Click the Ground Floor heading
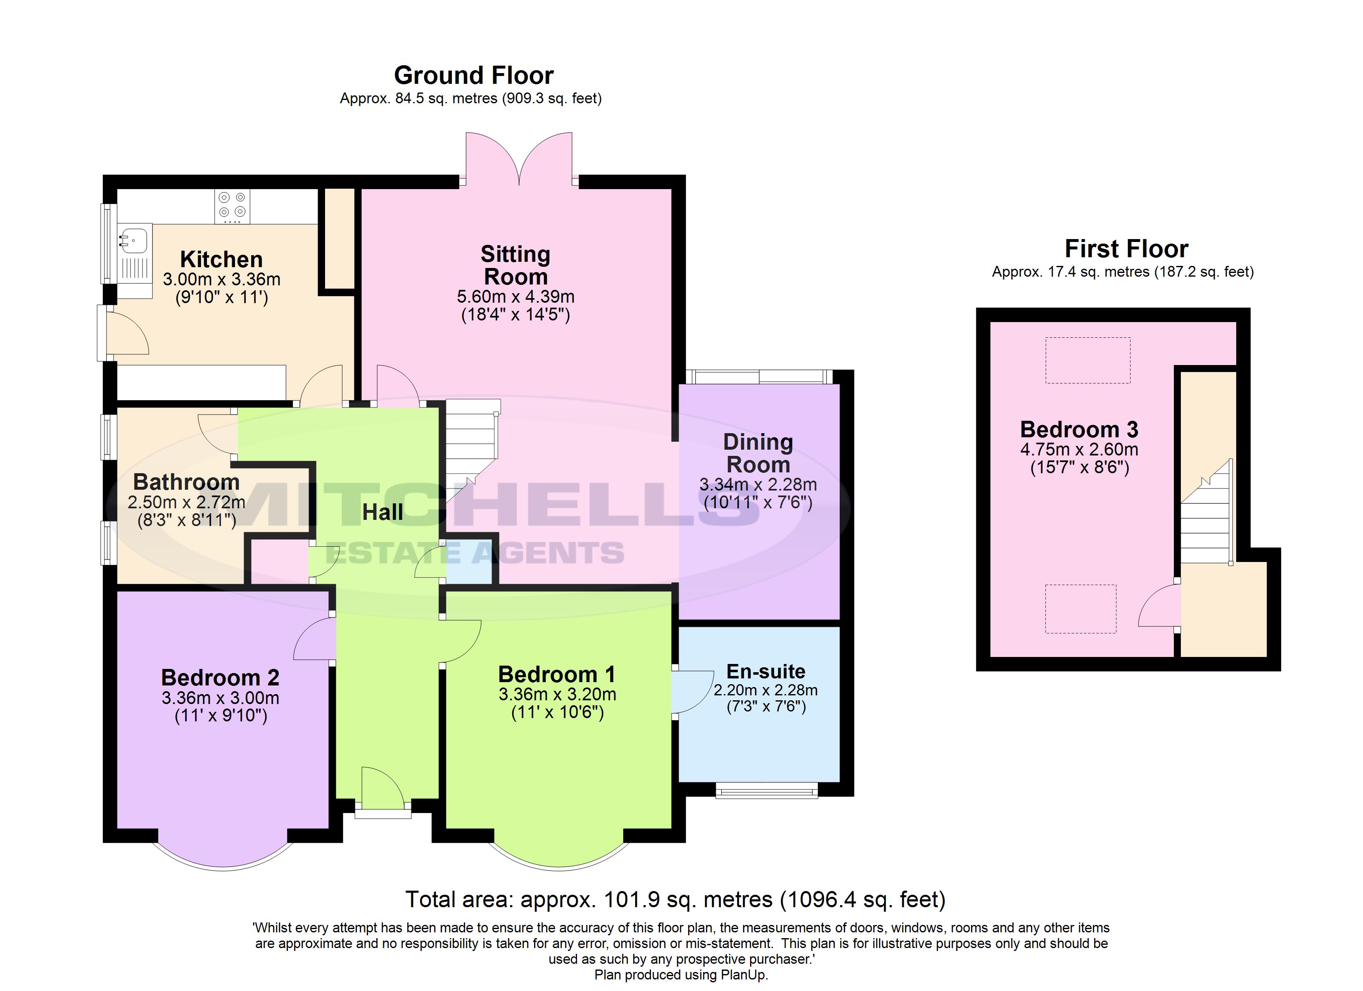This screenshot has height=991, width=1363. [474, 76]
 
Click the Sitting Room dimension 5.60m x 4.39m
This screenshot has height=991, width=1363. [515, 296]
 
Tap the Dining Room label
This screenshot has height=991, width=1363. [758, 453]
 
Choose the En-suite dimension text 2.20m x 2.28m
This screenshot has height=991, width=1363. [766, 690]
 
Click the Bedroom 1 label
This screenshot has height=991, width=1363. [557, 674]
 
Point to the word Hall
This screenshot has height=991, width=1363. [383, 512]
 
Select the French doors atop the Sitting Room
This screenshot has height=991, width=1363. [519, 157]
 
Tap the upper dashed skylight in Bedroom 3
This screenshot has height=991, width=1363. [1088, 360]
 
